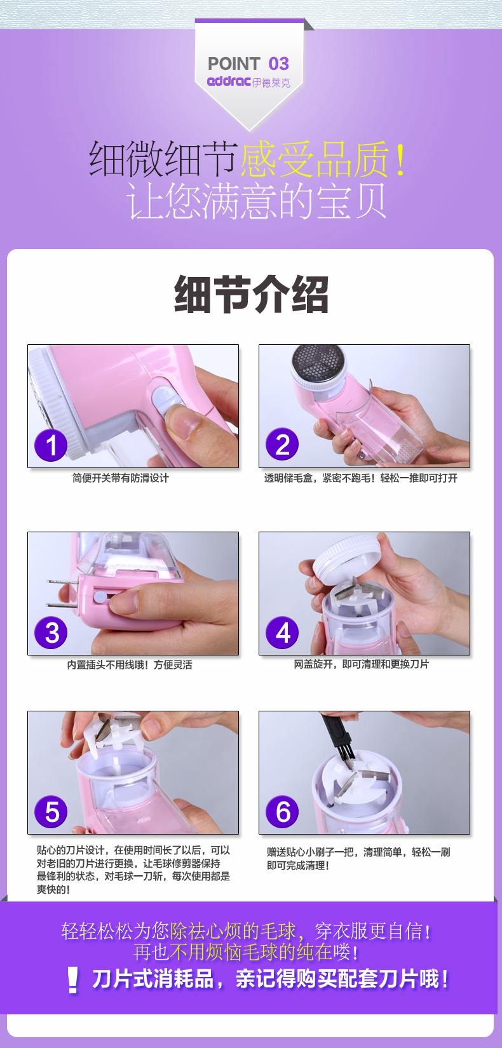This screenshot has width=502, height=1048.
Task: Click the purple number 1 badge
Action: (51, 445)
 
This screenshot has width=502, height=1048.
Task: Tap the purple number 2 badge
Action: (282, 444)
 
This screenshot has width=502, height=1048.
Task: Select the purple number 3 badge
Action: (51, 633)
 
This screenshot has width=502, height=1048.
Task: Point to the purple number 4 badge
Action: (282, 633)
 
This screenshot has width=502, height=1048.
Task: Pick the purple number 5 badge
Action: (51, 812)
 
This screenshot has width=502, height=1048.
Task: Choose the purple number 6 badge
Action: (282, 812)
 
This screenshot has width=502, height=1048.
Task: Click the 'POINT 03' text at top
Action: (248, 64)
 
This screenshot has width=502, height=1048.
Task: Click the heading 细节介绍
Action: (251, 294)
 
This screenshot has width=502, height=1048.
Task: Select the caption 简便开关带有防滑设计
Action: (120, 478)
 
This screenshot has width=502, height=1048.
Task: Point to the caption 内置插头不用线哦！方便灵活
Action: (130, 664)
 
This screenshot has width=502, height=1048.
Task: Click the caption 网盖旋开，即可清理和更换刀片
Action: (361, 664)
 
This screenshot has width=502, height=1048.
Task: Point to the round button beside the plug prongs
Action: (99, 597)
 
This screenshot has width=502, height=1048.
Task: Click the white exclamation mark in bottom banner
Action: (72, 979)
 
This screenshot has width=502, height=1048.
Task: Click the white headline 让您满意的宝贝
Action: (256, 201)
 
